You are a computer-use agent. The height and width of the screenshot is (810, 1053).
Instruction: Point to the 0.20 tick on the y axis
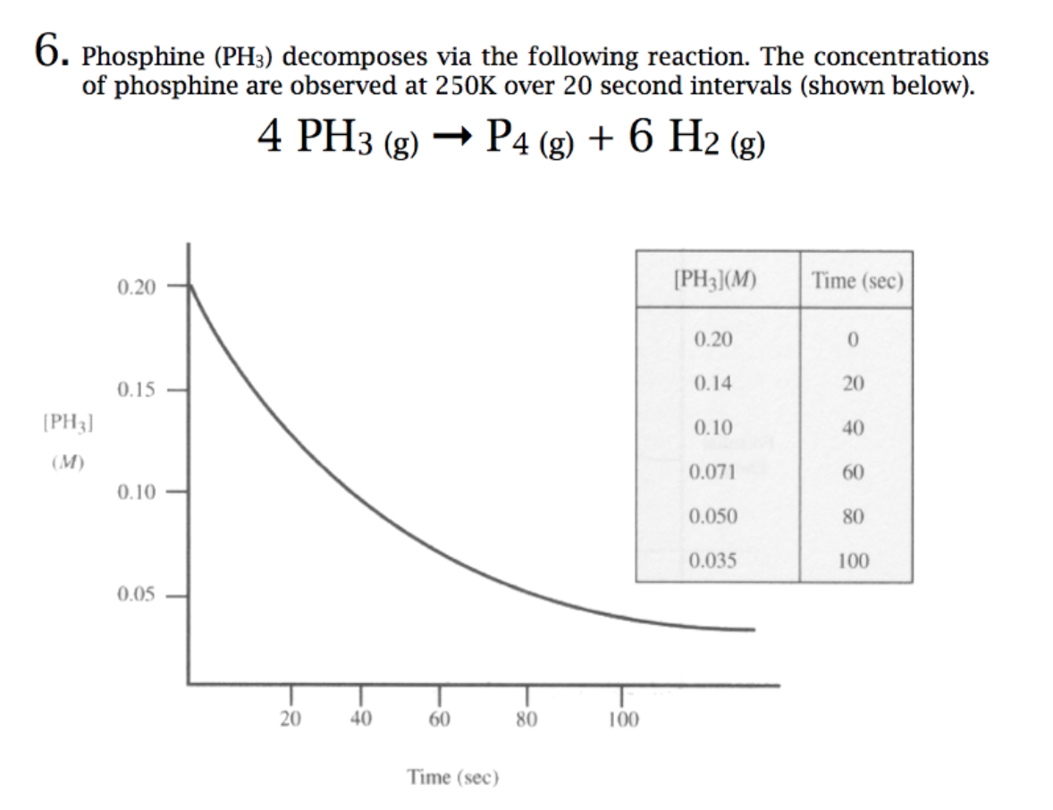pyautogui.click(x=136, y=287)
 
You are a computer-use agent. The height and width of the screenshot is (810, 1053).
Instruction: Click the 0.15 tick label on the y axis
pyautogui.click(x=136, y=390)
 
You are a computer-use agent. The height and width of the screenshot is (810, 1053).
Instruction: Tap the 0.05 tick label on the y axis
pyautogui.click(x=136, y=595)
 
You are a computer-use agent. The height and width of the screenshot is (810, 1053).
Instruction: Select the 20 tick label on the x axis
pyautogui.click(x=290, y=719)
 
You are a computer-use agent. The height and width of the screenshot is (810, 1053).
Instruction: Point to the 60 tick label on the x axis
pyautogui.click(x=438, y=719)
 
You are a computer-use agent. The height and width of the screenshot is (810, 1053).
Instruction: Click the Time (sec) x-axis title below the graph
pyautogui.click(x=452, y=777)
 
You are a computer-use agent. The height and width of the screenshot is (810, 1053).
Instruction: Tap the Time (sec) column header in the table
pyautogui.click(x=857, y=280)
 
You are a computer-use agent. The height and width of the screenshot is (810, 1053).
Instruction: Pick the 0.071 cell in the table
pyautogui.click(x=713, y=472)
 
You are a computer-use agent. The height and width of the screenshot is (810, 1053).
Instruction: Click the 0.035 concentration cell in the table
pyautogui.click(x=713, y=561)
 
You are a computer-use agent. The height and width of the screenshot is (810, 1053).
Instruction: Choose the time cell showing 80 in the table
pyautogui.click(x=853, y=517)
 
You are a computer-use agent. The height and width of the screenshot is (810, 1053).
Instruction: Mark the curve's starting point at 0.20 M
pyautogui.click(x=190, y=286)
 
